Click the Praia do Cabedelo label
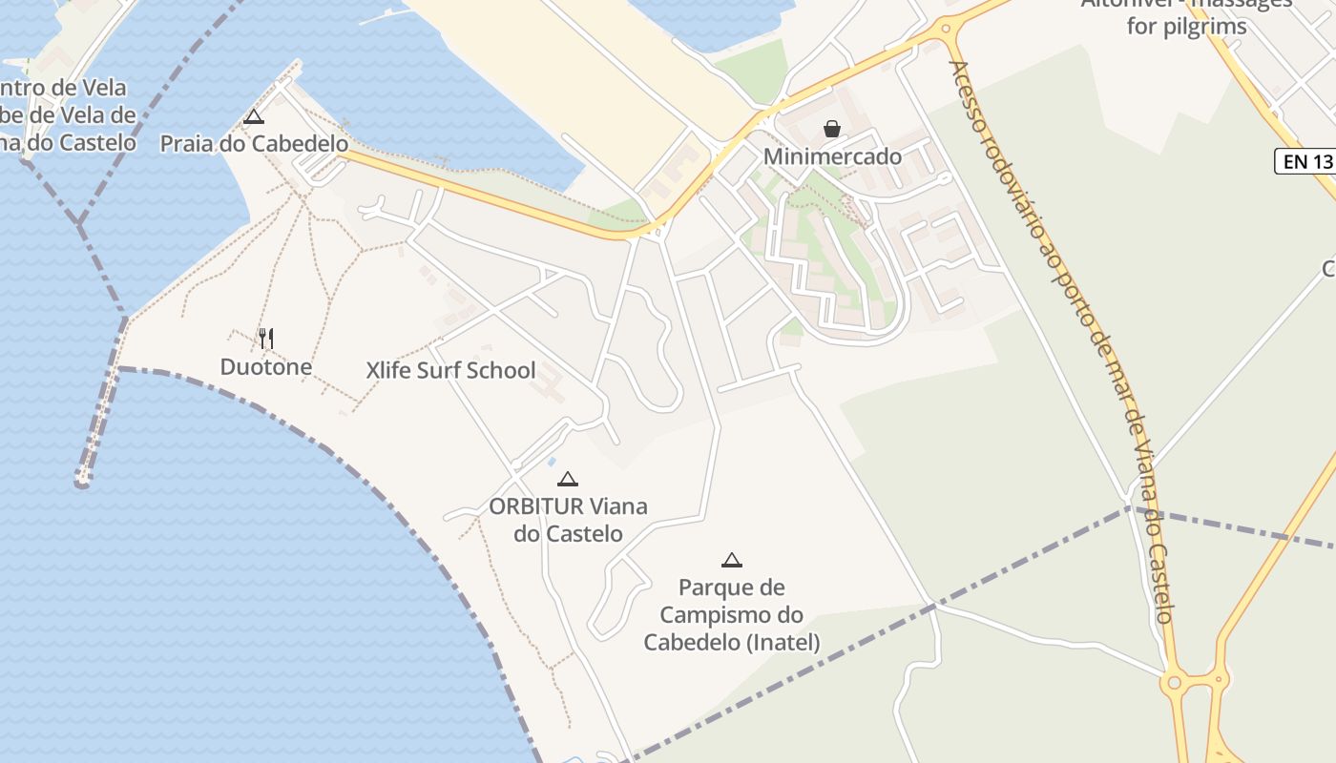click(253, 144)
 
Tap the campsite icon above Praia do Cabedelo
click(253, 117)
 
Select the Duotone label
click(265, 367)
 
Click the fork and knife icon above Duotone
click(266, 338)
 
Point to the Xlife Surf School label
click(450, 371)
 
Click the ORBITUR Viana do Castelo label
click(568, 520)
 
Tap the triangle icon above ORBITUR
click(568, 479)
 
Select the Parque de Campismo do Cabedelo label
click(731, 615)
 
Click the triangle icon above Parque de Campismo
click(732, 560)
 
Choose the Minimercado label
click(832, 156)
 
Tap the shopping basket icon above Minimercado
click(832, 129)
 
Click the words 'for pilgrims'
click(1186, 27)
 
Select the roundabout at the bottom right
click(1174, 683)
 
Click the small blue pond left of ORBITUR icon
click(551, 462)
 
